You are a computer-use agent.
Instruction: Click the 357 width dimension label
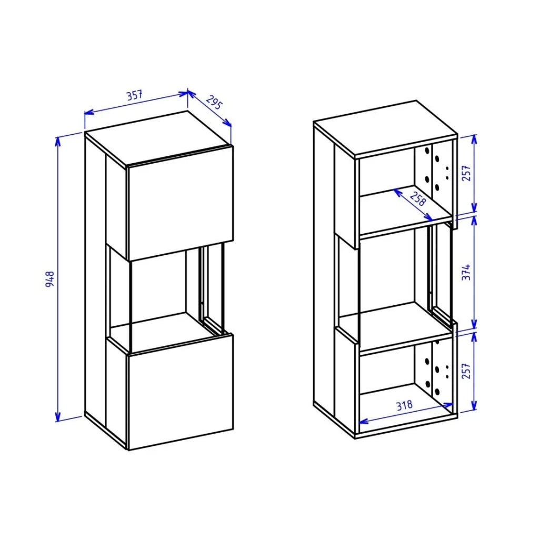click(x=134, y=95)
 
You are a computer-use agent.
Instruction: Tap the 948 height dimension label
click(x=50, y=279)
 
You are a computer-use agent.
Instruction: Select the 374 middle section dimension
click(x=466, y=272)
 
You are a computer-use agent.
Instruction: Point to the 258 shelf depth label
click(x=417, y=198)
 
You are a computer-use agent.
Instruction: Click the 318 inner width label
click(x=405, y=406)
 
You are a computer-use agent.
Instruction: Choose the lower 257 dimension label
click(x=466, y=371)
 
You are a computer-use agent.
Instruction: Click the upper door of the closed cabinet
click(x=181, y=203)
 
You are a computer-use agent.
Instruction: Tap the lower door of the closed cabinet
click(x=181, y=392)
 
